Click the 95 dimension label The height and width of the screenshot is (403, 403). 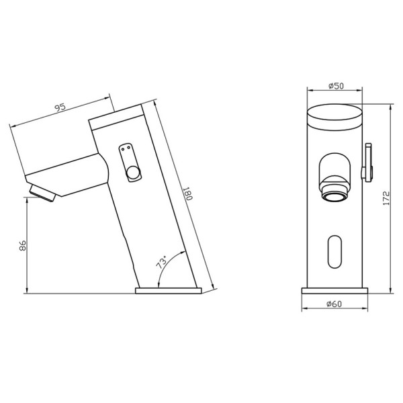click(x=61, y=107)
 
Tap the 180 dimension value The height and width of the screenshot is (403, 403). click(x=187, y=194)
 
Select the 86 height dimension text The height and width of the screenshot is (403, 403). click(x=23, y=245)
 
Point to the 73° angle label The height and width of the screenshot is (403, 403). click(x=162, y=262)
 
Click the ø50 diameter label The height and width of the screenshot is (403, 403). click(x=336, y=85)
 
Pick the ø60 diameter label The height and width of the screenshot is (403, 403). click(x=334, y=304)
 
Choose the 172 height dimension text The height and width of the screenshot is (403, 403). click(x=386, y=198)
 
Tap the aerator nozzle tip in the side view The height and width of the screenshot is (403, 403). click(x=42, y=193)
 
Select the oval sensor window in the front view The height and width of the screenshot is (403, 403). click(x=335, y=252)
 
